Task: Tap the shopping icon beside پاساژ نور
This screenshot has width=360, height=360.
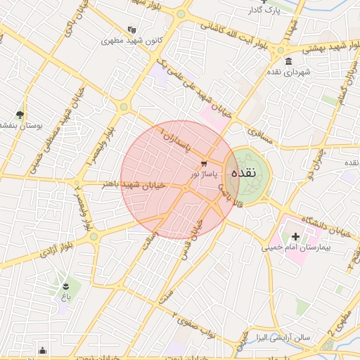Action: point(204,163)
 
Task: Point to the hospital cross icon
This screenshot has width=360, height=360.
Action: point(295,237)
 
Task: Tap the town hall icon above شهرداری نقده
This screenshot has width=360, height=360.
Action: point(289,61)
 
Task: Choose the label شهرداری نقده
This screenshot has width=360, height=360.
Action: point(283,72)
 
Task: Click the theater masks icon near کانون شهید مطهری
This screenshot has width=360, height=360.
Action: point(131,30)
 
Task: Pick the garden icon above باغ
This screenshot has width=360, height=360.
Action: point(65,285)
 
